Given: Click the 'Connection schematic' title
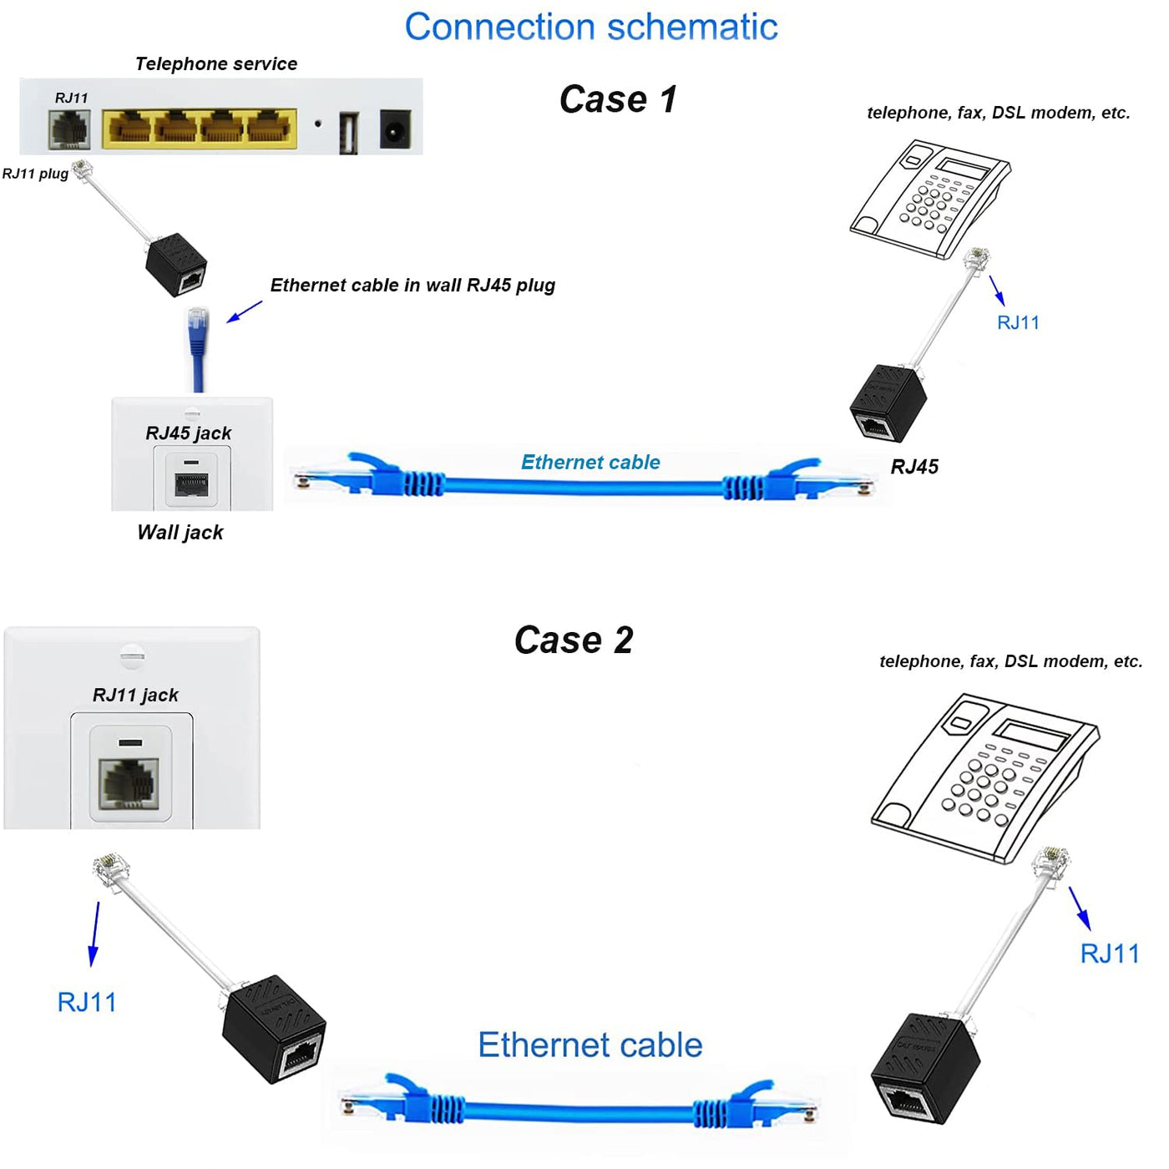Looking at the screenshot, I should pyautogui.click(x=590, y=27).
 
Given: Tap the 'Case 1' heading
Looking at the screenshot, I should pyautogui.click(x=618, y=99).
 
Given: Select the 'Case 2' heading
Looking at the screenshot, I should pyautogui.click(x=574, y=640).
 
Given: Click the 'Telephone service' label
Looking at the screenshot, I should pyautogui.click(x=215, y=64).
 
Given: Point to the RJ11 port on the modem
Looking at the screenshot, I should pyautogui.click(x=70, y=129).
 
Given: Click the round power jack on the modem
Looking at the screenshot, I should pyautogui.click(x=395, y=129).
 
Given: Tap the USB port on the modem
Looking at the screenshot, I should pyautogui.click(x=349, y=132).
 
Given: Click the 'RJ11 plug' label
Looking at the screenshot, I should pyautogui.click(x=35, y=174).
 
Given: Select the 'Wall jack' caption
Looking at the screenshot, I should pyautogui.click(x=180, y=533).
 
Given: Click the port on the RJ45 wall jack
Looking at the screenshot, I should pyautogui.click(x=191, y=484).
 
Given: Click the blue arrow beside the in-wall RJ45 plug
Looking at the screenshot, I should pyautogui.click(x=244, y=311).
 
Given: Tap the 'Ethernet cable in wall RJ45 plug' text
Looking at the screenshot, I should pyautogui.click(x=412, y=286).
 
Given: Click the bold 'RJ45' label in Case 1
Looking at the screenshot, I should pyautogui.click(x=914, y=467).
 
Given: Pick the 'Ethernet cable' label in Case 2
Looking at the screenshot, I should pyautogui.click(x=590, y=1045).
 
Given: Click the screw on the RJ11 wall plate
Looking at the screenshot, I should pyautogui.click(x=132, y=655).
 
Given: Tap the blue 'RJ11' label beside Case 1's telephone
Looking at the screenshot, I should pyautogui.click(x=1018, y=323).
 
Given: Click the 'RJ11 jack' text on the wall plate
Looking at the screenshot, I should pyautogui.click(x=135, y=695).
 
